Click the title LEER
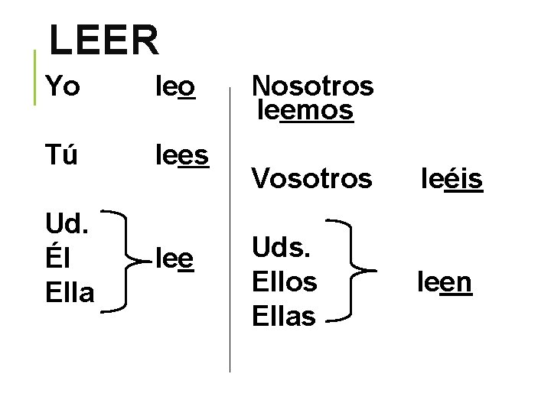104,40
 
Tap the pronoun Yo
63,87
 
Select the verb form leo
175,87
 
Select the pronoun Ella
70,291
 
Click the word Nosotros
312,86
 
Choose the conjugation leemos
306,110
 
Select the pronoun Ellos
284,281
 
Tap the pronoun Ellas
284,314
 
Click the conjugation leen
445,282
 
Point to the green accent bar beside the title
36,76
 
